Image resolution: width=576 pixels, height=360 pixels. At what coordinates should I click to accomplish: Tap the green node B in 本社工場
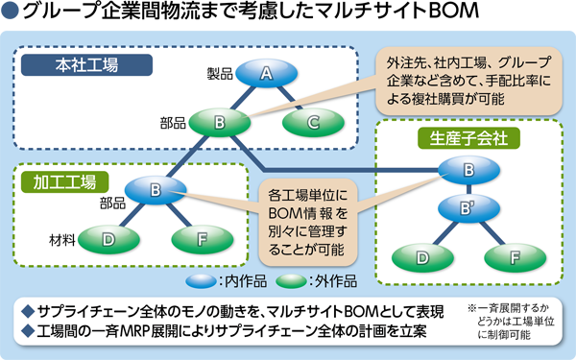(x=219, y=122)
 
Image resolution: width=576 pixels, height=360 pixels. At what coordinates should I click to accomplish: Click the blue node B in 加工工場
(x=155, y=189)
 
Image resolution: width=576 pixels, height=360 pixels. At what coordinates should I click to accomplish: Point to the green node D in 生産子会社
(x=422, y=257)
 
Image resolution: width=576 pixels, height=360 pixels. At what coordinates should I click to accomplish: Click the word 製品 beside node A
(x=219, y=73)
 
